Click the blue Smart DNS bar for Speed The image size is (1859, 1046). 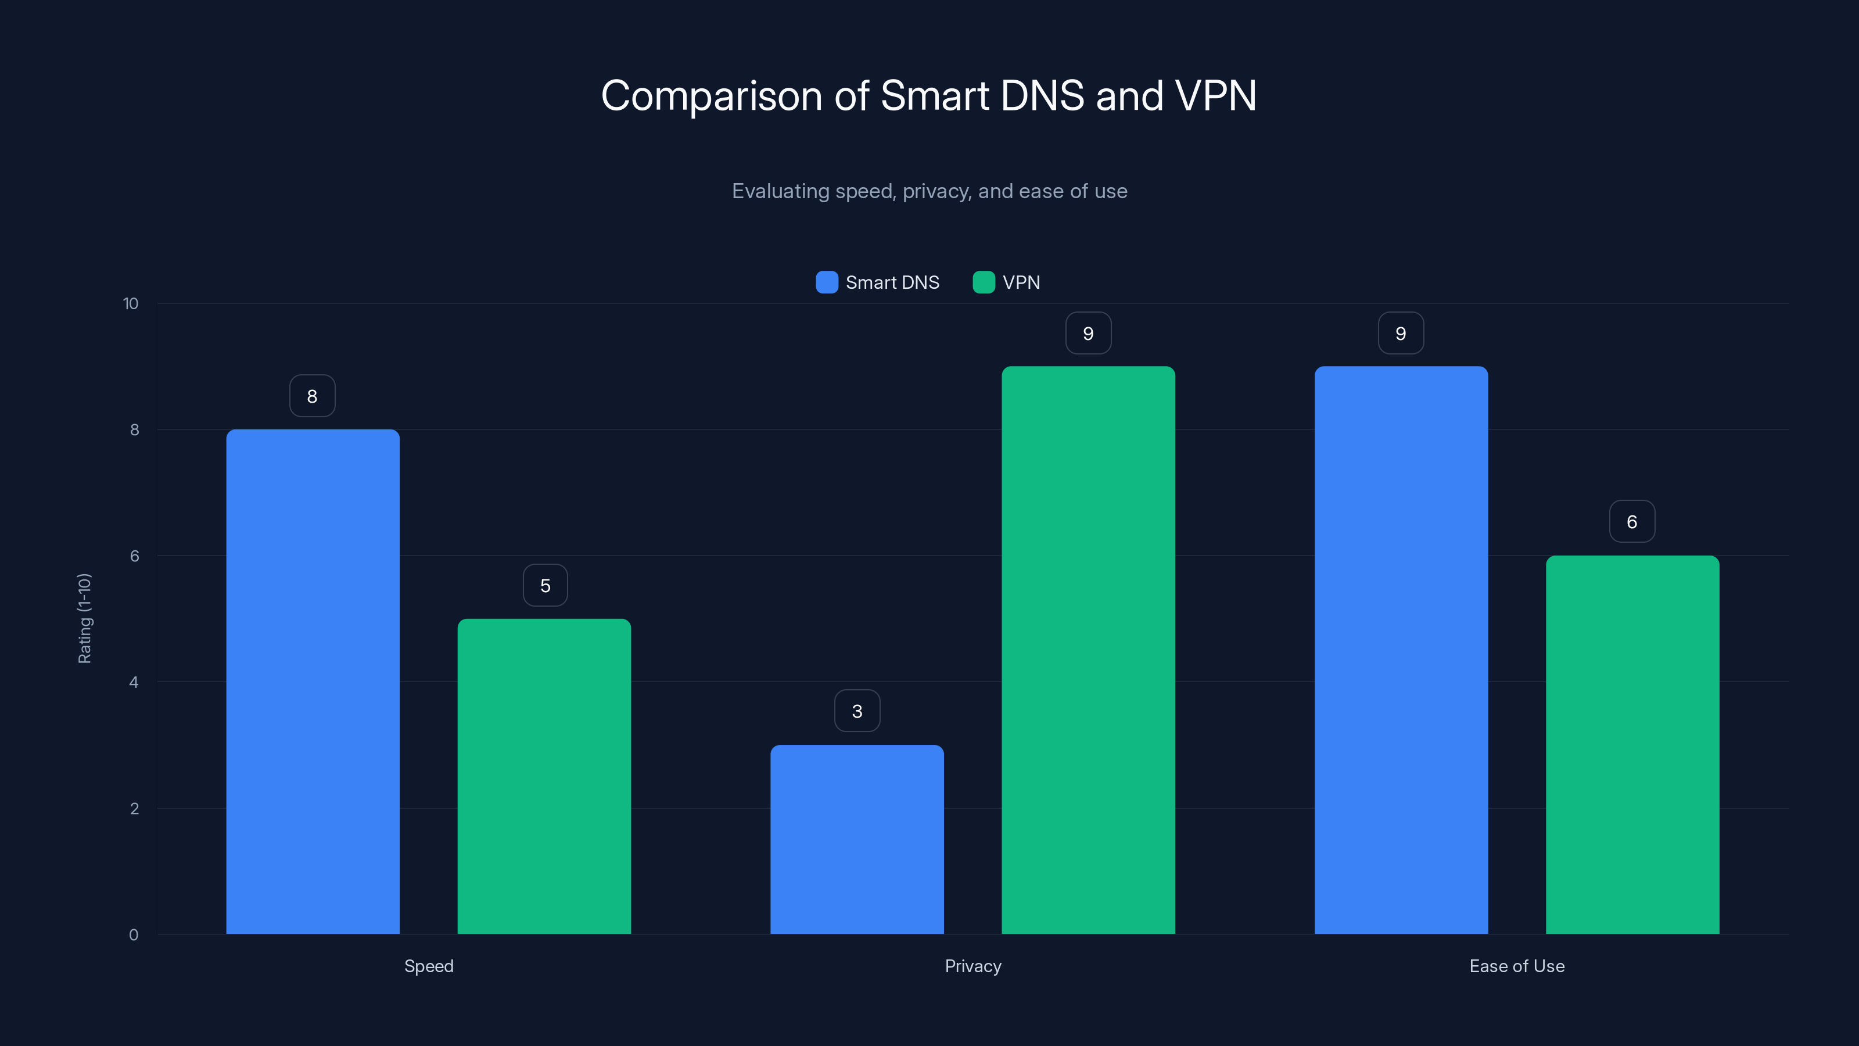(313, 682)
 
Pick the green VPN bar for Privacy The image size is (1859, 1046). (1088, 650)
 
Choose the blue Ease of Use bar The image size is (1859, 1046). (1401, 650)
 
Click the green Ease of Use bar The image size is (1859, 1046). (1632, 744)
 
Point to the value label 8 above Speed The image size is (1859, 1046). (313, 396)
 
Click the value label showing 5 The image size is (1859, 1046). (545, 585)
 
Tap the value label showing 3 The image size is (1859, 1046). (857, 711)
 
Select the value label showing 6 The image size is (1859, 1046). (1632, 522)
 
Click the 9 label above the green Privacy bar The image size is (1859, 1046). (1088, 334)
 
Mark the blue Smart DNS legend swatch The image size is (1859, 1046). (826, 282)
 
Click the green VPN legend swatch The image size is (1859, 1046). (984, 282)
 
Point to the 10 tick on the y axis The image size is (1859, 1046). (131, 304)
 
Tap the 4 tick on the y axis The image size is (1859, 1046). (134, 682)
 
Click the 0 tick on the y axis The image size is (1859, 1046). (134, 935)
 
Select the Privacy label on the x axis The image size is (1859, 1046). (973, 966)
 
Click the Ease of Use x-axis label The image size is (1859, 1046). (1516, 966)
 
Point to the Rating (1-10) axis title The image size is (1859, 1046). (84, 619)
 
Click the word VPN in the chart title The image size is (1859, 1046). (1215, 96)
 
